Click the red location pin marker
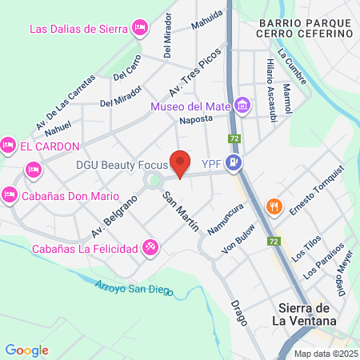pos(180,163)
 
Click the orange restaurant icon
pos(274,206)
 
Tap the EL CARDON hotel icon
pos(8,145)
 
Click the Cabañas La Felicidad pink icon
pos(150,248)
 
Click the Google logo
pos(26,350)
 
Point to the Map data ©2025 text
pos(324,354)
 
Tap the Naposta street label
pos(196,118)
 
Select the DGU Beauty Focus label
pos(120,165)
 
